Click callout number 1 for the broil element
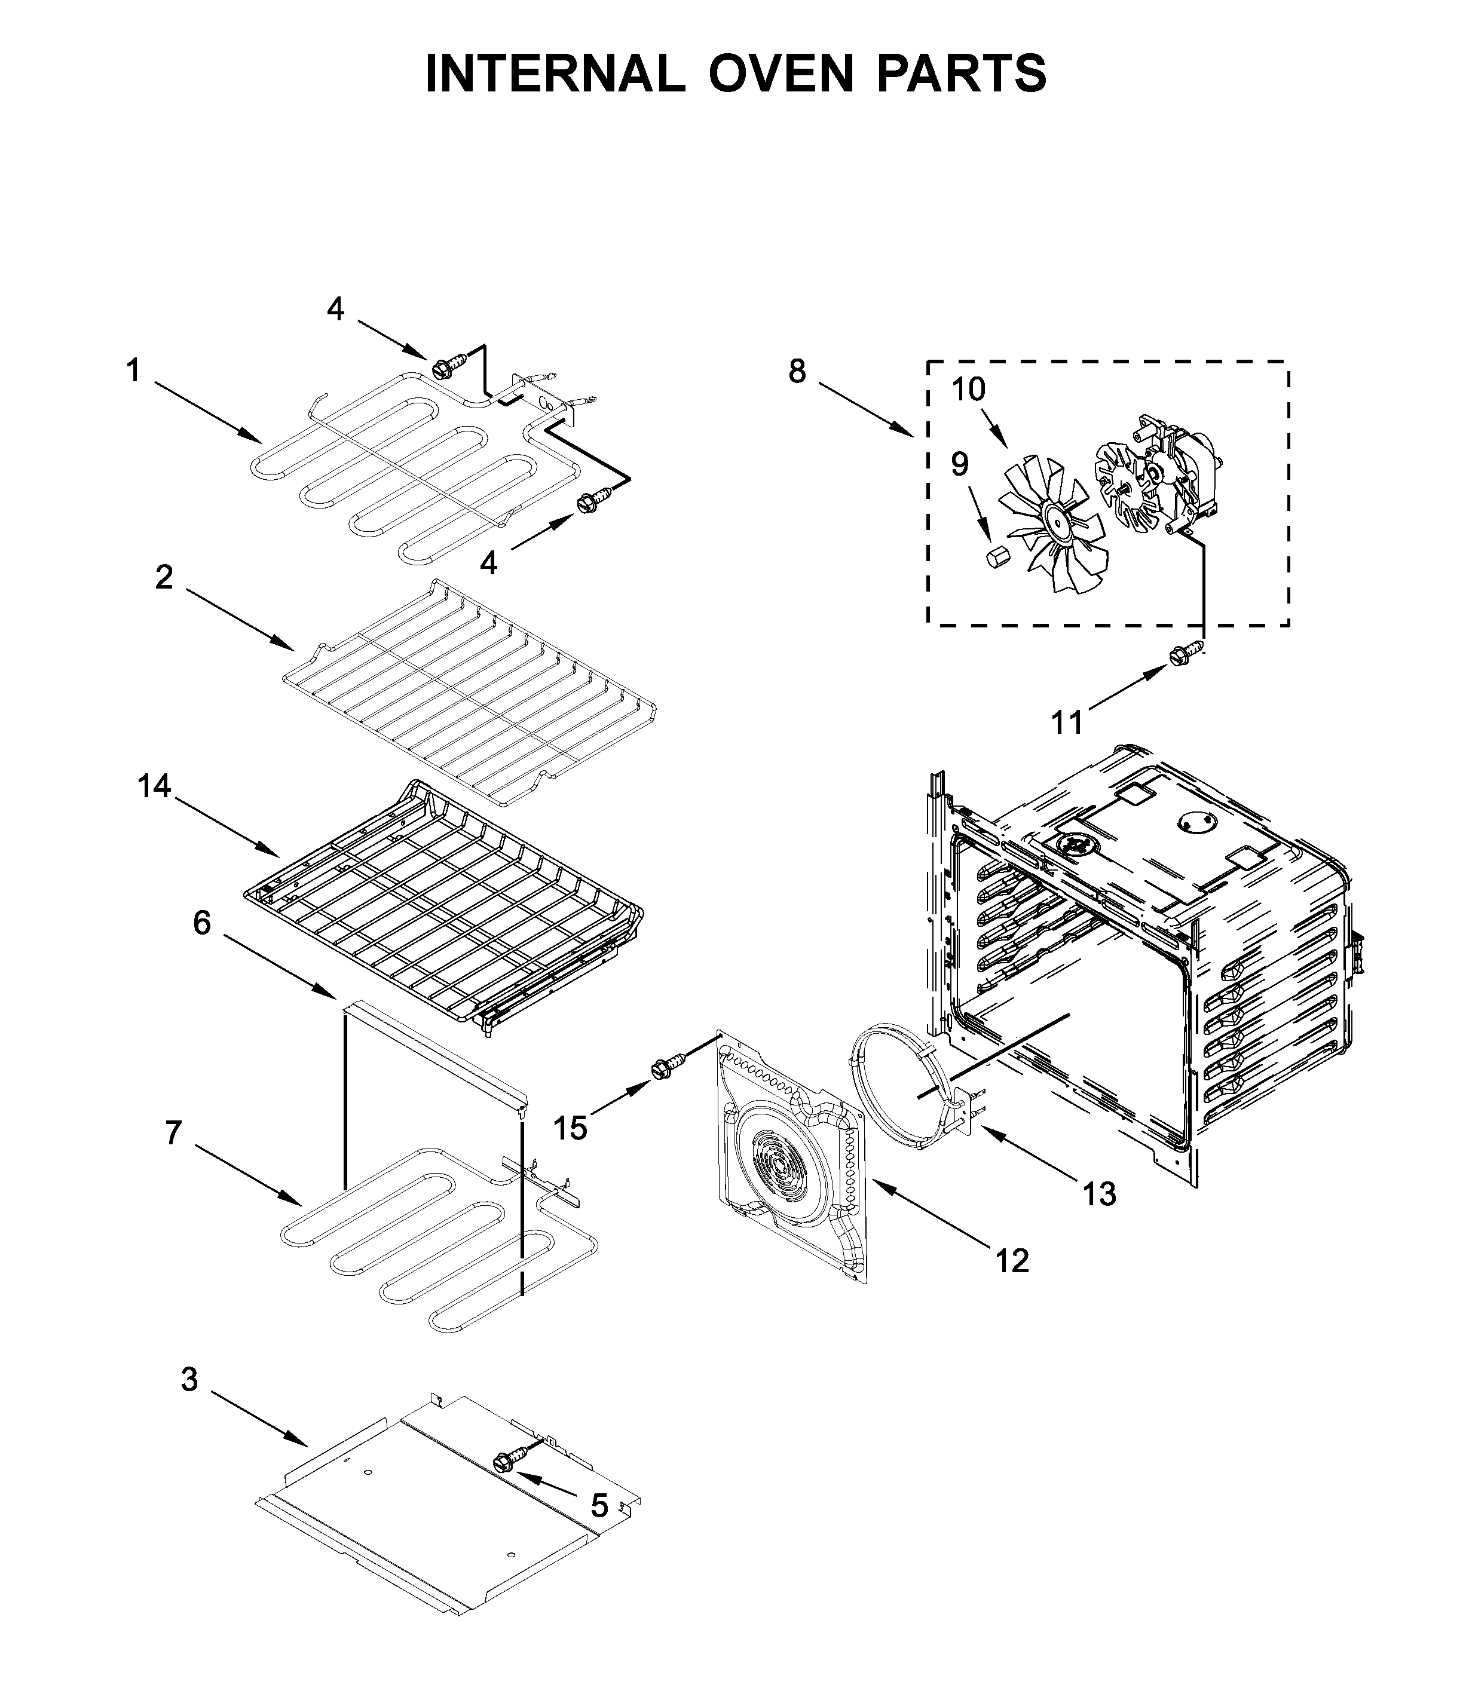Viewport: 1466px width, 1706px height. tap(133, 371)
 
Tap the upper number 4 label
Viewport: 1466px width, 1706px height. tap(335, 309)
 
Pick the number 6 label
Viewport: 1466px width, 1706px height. tap(202, 923)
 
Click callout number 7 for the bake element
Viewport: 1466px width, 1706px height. tap(173, 1133)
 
